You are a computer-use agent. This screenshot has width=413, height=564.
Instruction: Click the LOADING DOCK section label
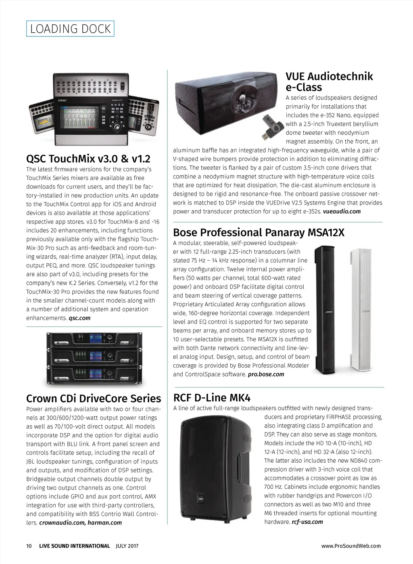pyautogui.click(x=70, y=29)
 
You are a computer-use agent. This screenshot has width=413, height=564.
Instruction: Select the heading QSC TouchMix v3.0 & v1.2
pyautogui.click(x=88, y=158)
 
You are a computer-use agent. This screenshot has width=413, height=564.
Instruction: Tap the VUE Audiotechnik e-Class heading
pyautogui.click(x=329, y=82)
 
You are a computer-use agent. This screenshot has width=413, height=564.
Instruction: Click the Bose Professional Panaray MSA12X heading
pyautogui.click(x=259, y=233)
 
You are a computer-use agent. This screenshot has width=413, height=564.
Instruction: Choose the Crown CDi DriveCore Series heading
pyautogui.click(x=94, y=399)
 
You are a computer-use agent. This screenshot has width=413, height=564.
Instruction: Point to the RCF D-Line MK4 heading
pyautogui.click(x=212, y=398)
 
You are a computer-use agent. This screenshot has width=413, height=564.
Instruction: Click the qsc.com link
pyautogui.click(x=79, y=318)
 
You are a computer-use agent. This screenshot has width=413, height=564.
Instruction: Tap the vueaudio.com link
pyautogui.click(x=342, y=211)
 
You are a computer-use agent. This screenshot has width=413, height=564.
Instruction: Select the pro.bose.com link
pyautogui.click(x=266, y=374)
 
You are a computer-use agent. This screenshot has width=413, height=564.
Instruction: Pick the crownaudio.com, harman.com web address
pyautogui.click(x=80, y=523)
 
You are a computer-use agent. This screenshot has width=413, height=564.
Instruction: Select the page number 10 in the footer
pyautogui.click(x=29, y=546)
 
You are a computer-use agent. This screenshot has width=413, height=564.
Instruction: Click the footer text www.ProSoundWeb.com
pyautogui.click(x=351, y=546)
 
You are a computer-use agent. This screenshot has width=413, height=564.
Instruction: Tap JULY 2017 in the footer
pyautogui.click(x=127, y=546)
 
